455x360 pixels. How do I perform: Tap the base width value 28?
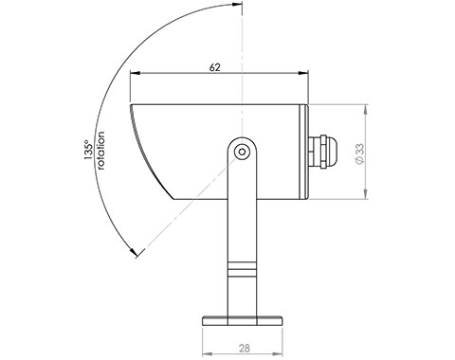click(244, 348)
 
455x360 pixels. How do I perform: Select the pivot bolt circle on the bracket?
click(243, 151)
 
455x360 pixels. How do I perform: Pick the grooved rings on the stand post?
click(244, 267)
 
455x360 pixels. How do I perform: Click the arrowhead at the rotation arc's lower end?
click(136, 252)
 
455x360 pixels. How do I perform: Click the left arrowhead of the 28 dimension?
click(209, 336)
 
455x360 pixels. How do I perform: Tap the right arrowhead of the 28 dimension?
click(281, 336)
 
